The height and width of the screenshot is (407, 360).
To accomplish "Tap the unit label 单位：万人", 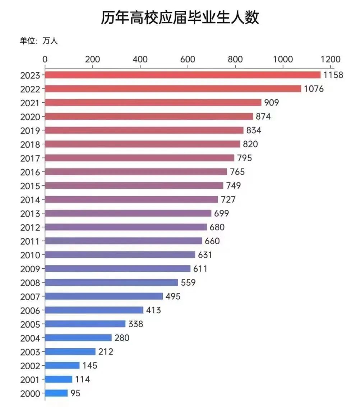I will [38, 41].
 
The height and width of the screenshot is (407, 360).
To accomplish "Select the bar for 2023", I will [183, 75].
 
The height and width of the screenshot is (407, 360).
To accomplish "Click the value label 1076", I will [314, 89].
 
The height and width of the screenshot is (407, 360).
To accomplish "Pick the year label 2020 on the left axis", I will [32, 117].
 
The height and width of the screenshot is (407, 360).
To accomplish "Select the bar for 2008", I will [111, 282].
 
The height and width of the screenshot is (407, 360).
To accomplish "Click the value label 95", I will [75, 393].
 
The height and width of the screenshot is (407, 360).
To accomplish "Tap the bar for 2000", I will [56, 393].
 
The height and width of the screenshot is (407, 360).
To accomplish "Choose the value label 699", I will [221, 213].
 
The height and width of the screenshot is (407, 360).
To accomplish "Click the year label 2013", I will [32, 213].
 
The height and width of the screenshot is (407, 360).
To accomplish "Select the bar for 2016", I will [136, 172].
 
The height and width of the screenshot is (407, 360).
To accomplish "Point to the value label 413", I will [153, 310].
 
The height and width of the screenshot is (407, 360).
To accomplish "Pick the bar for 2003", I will [70, 352].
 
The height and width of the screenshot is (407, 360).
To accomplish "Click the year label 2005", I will [32, 324].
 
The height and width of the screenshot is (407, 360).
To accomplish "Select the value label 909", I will [271, 103].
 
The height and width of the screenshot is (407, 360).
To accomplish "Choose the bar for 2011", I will [124, 241].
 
